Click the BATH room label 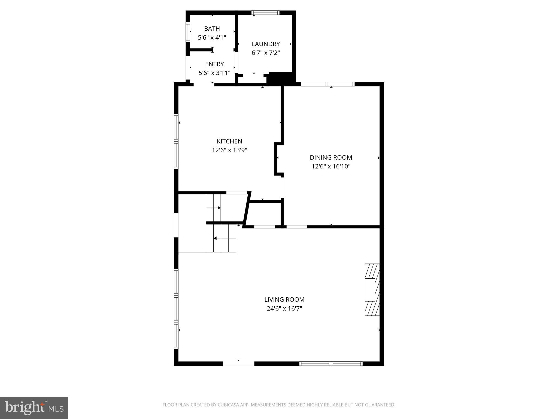pyautogui.click(x=212, y=29)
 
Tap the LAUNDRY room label pyautogui.click(x=266, y=44)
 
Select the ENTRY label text pyautogui.click(x=214, y=64)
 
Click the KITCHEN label pyautogui.click(x=229, y=141)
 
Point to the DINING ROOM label pyautogui.click(x=331, y=157)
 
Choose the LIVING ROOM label pyautogui.click(x=284, y=300)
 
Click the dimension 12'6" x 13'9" pyautogui.click(x=229, y=150)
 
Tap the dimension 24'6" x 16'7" pyautogui.click(x=284, y=309)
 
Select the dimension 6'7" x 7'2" pyautogui.click(x=266, y=53)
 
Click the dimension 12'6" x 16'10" pyautogui.click(x=331, y=166)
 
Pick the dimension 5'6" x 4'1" pyautogui.click(x=212, y=38)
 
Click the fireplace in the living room pyautogui.click(x=372, y=290)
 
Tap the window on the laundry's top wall pyautogui.click(x=265, y=13)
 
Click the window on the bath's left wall pyautogui.click(x=187, y=32)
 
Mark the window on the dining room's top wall pyautogui.click(x=328, y=84)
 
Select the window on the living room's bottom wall pyautogui.click(x=331, y=363)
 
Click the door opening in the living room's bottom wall pyautogui.click(x=239, y=363)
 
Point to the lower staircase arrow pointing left pyautogui.click(x=215, y=238)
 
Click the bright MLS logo pyautogui.click(x=34, y=408)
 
